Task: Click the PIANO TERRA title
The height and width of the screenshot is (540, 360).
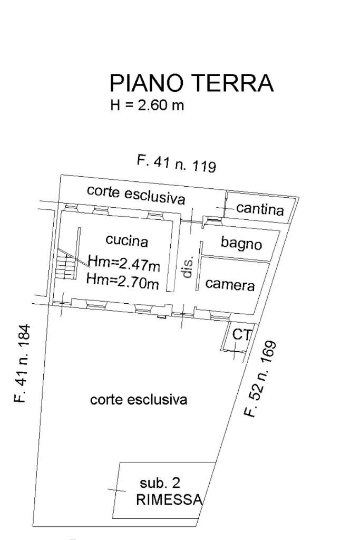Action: pyautogui.click(x=191, y=84)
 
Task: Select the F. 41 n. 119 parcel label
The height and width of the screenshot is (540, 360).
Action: pyautogui.click(x=177, y=163)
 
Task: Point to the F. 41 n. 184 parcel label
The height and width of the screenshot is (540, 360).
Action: pyautogui.click(x=22, y=363)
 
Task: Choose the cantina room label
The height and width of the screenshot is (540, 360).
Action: pyautogui.click(x=260, y=209)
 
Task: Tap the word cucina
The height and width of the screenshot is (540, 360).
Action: pyautogui.click(x=127, y=241)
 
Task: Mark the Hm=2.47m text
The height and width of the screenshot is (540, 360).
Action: pyautogui.click(x=124, y=262)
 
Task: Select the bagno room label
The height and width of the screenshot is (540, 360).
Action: pyautogui.click(x=241, y=244)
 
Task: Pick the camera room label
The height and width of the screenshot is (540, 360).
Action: pyautogui.click(x=230, y=284)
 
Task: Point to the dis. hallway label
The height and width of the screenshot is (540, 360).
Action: pyautogui.click(x=188, y=267)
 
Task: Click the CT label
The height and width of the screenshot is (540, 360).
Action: pyautogui.click(x=241, y=334)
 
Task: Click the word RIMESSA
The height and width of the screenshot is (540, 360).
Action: pyautogui.click(x=169, y=500)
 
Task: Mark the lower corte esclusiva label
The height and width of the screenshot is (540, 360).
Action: pyautogui.click(x=139, y=400)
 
